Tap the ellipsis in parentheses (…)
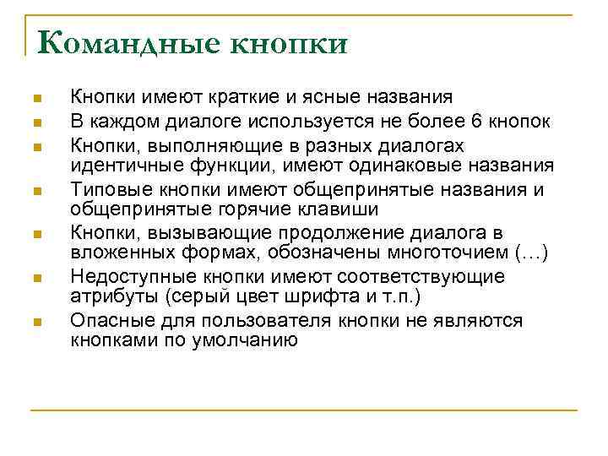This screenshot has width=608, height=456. (530, 253)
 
